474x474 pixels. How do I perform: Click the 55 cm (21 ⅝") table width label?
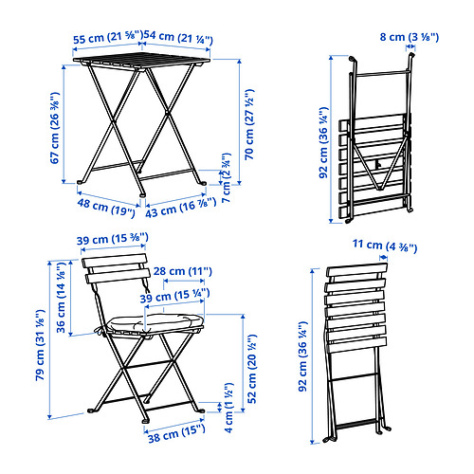point(108,38)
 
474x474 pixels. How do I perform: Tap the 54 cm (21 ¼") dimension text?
point(178,37)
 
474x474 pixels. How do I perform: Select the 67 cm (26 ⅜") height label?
point(55,128)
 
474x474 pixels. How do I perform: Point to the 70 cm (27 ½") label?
point(249,124)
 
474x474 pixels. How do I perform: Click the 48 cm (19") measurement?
point(106,208)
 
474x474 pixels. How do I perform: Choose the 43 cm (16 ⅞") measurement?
point(181,208)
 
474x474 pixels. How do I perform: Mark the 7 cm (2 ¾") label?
point(227,177)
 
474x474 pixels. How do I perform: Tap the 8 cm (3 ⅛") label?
point(410,37)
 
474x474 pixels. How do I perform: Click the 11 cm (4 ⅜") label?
point(385,246)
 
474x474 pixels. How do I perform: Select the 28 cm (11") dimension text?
point(183,271)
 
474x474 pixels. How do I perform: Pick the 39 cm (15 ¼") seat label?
point(174,296)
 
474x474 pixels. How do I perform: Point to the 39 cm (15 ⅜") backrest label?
point(113,238)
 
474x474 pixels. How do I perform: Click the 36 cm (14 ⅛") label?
point(61,297)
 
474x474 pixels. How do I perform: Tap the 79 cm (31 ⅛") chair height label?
point(40,345)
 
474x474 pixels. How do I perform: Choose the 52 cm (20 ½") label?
point(252,369)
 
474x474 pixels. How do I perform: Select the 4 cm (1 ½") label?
point(228,408)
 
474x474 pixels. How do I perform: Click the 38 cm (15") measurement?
point(176,434)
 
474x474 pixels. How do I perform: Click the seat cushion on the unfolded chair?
point(155,322)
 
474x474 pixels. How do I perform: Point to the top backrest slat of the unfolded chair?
point(115,261)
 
